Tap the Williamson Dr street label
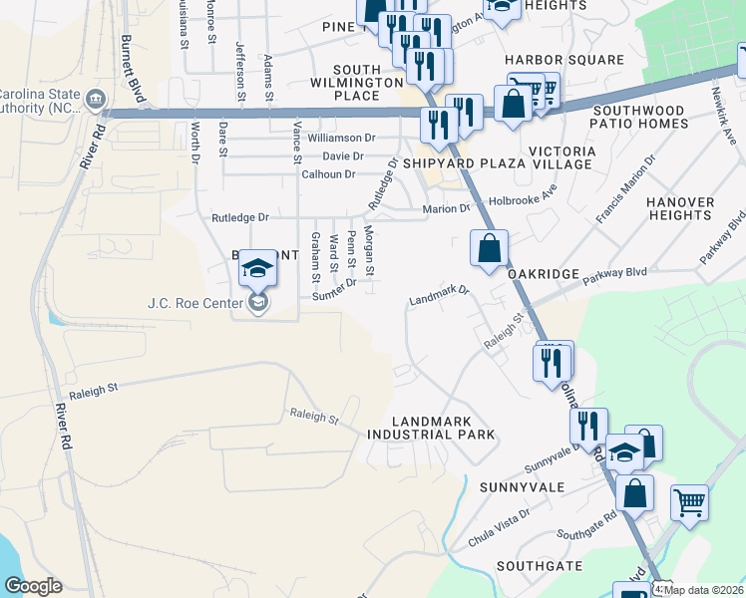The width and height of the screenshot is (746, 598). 341,138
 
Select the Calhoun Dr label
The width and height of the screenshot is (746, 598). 328,174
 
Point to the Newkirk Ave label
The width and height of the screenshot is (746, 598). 723,121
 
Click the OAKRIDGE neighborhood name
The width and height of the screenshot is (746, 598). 543,273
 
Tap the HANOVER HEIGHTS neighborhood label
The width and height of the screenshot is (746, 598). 680,208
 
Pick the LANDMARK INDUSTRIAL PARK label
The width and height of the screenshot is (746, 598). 431,429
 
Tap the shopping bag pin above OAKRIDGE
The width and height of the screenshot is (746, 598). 489,248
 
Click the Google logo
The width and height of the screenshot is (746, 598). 33,586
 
